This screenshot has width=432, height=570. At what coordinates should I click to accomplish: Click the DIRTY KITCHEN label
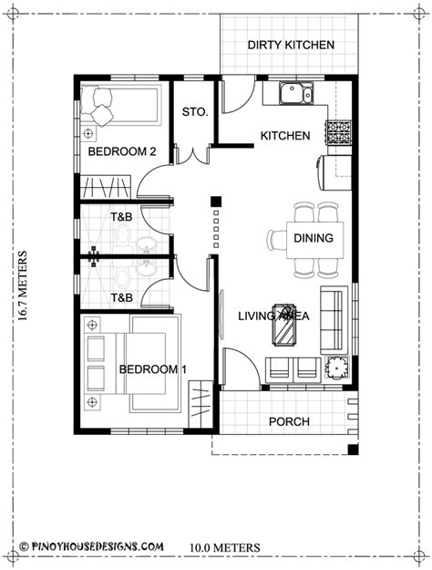click(291, 45)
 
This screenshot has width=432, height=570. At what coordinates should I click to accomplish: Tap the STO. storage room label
click(195, 111)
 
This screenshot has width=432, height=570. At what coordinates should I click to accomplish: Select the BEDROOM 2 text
click(122, 151)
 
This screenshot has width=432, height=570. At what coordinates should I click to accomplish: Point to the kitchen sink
click(296, 93)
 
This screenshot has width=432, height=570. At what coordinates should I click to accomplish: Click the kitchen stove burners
click(339, 132)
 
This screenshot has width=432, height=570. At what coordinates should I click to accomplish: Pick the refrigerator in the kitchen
click(334, 172)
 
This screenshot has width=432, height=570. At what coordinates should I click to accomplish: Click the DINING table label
click(314, 238)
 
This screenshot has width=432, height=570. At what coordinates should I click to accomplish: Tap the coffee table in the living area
click(284, 324)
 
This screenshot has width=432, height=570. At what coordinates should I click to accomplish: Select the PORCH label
click(289, 421)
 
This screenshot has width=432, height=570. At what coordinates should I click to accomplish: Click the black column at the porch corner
click(353, 450)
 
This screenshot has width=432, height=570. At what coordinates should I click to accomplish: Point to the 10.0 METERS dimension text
click(225, 547)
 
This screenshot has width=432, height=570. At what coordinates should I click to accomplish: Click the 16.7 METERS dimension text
click(23, 285)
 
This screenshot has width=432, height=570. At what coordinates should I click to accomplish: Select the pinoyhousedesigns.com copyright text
click(91, 546)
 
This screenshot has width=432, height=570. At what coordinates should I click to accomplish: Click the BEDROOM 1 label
click(153, 369)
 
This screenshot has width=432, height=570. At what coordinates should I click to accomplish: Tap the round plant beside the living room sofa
click(336, 368)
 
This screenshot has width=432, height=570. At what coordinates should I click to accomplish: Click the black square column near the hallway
click(216, 202)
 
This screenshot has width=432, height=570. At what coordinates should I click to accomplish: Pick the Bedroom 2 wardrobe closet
click(105, 186)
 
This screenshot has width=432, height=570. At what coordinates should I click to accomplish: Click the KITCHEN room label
click(285, 136)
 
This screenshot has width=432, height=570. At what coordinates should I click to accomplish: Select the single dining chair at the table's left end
click(276, 240)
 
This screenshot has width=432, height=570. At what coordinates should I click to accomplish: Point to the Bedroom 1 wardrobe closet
click(201, 404)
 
